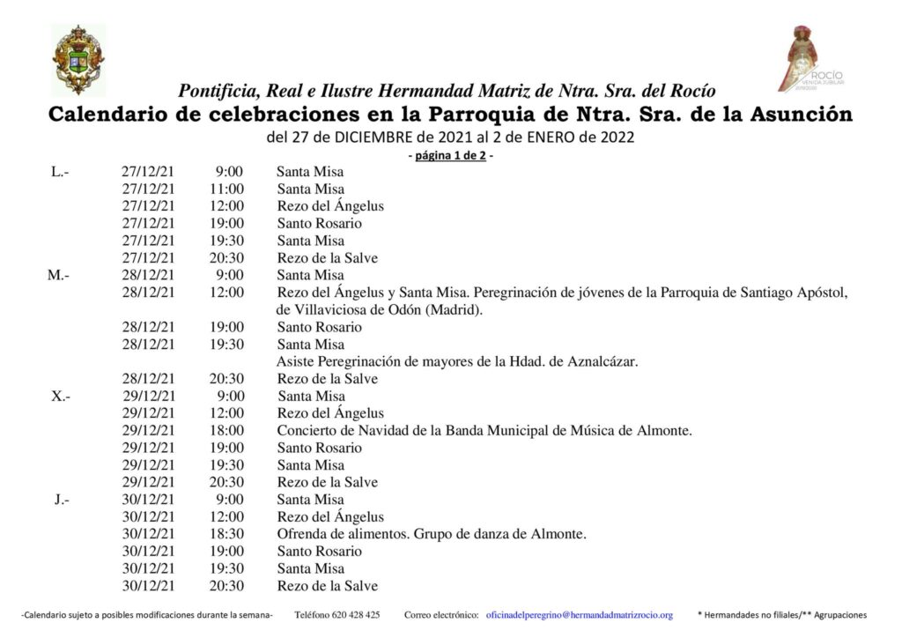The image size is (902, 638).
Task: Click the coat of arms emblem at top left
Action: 78,59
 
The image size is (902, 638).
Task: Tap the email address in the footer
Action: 579,614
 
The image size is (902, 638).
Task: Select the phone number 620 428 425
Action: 337,614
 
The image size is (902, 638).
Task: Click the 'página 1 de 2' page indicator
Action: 451,156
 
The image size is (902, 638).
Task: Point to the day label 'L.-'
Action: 61,172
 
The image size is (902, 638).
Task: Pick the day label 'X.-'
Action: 61,396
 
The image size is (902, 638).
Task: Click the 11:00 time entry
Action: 228,189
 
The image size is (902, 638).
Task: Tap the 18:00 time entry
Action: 228,431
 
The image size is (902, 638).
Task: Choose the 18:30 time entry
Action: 228,534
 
